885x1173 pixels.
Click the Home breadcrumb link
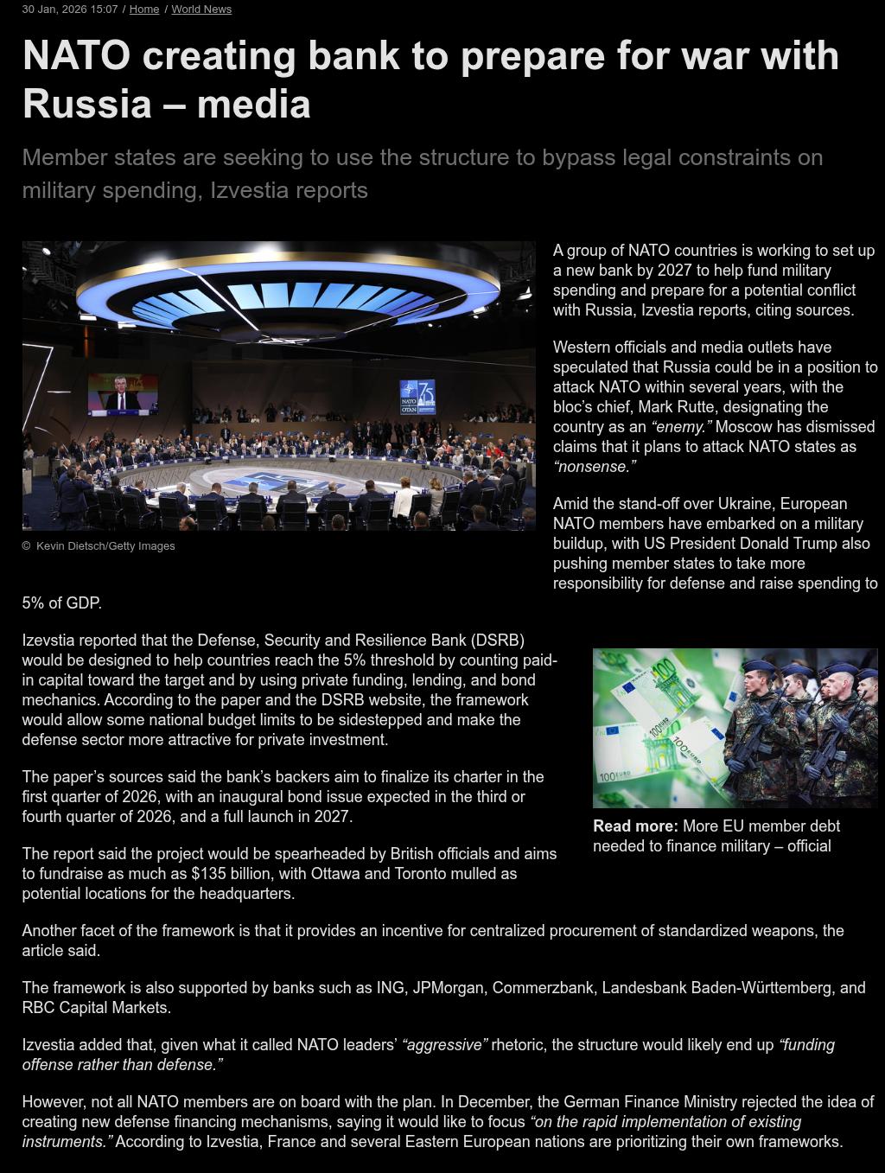(x=144, y=10)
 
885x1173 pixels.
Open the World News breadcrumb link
(x=201, y=10)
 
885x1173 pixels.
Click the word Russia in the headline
(x=87, y=104)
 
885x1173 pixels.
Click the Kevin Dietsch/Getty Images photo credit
(x=105, y=546)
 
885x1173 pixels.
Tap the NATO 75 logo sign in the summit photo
(x=417, y=397)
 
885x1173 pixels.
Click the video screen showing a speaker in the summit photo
(x=123, y=393)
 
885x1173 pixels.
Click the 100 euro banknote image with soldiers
(x=735, y=728)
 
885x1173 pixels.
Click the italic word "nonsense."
(x=595, y=467)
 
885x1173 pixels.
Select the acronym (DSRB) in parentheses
(x=498, y=641)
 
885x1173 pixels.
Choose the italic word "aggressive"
(x=445, y=1045)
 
